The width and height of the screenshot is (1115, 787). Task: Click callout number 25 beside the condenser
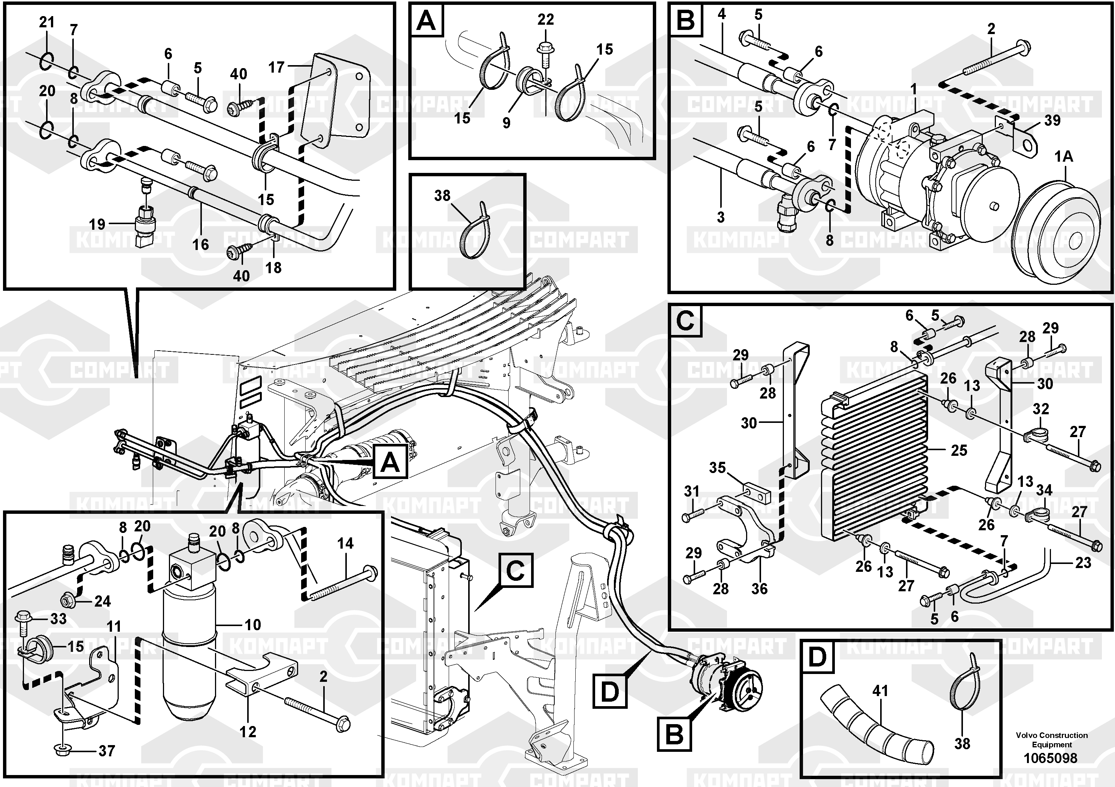point(958,450)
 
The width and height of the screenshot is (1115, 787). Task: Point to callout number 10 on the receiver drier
point(252,625)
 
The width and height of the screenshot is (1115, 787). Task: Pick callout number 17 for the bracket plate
point(276,67)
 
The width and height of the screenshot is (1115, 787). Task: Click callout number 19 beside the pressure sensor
point(97,224)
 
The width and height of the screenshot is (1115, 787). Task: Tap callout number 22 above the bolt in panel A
point(545,19)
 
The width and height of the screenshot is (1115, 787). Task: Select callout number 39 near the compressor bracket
point(1052,121)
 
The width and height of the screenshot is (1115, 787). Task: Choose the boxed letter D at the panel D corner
point(818,658)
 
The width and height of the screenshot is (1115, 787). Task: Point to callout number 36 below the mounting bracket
point(760,589)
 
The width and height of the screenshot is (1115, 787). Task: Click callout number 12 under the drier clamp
point(248,731)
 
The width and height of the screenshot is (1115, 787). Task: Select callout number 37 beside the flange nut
point(106,751)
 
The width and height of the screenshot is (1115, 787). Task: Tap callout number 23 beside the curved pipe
point(1083,563)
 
